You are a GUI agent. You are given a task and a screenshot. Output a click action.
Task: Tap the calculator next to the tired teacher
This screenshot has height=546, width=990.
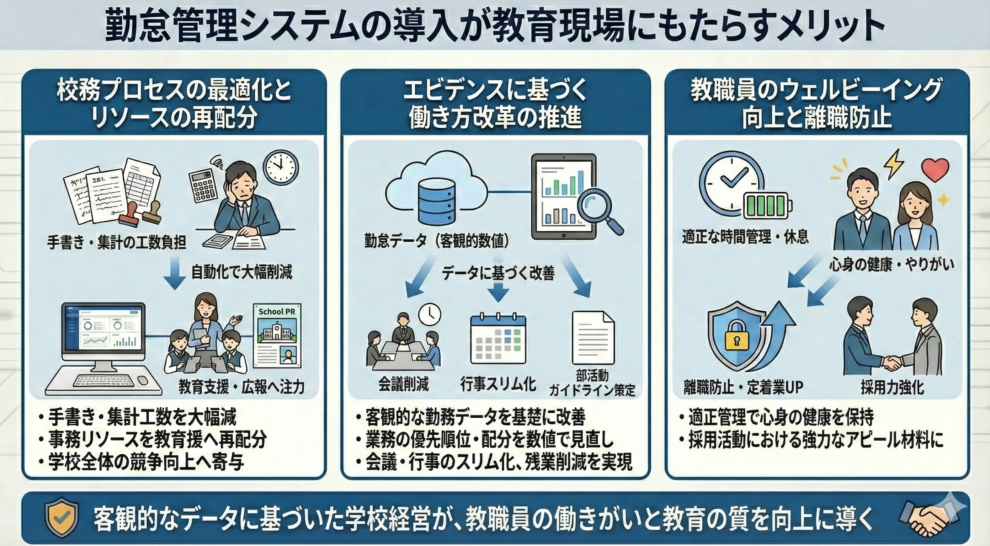203,186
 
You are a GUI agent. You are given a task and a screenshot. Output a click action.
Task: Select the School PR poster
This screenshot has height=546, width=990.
277,336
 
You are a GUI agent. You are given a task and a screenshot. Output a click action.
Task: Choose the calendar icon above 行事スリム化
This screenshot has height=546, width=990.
498,339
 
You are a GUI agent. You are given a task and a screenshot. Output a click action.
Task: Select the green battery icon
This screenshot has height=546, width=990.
767,204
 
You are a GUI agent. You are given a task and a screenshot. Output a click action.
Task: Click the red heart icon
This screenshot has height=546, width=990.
935,169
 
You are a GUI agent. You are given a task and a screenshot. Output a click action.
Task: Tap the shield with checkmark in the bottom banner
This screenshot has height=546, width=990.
62,517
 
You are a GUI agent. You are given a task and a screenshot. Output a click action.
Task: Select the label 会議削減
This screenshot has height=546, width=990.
403,384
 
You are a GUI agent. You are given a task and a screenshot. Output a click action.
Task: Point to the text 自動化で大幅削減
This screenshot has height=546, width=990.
242,272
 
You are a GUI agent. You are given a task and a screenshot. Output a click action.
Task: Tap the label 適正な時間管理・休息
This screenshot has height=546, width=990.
745,236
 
